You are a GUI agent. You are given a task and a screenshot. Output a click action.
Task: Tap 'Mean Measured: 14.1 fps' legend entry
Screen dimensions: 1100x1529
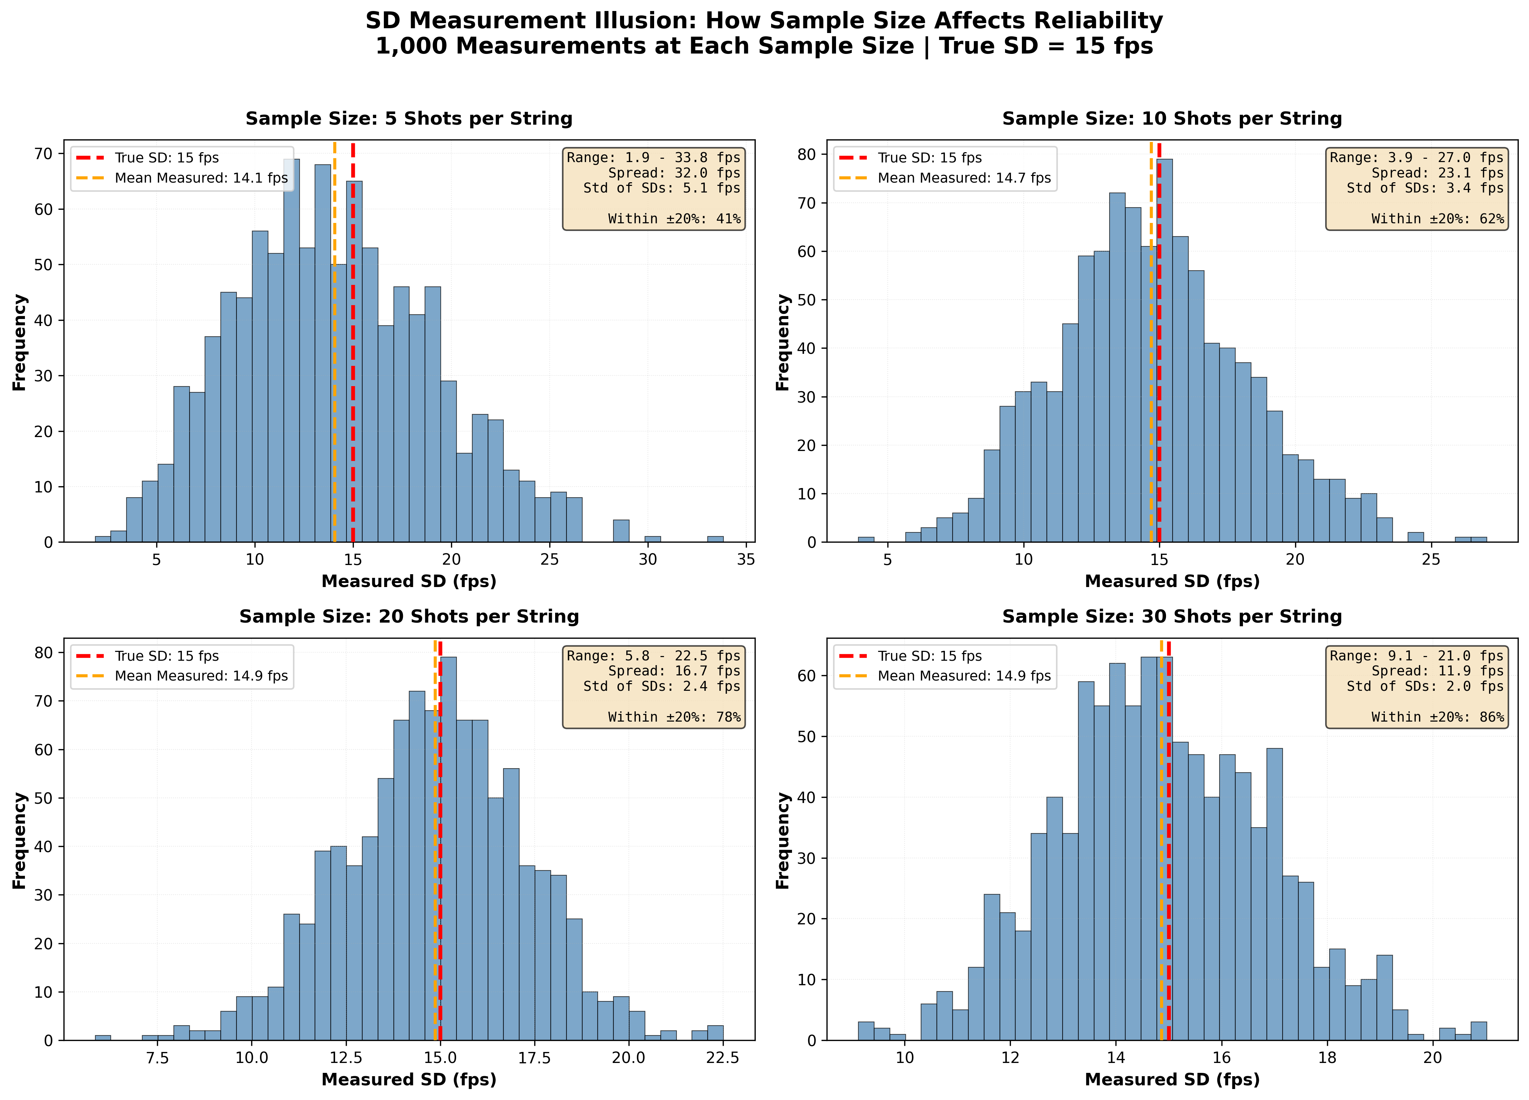[x=201, y=178]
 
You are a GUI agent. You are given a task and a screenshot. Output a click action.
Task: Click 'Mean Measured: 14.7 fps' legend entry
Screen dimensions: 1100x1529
[x=964, y=178]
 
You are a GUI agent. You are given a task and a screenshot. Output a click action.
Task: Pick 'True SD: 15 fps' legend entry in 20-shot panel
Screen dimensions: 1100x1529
[x=166, y=656]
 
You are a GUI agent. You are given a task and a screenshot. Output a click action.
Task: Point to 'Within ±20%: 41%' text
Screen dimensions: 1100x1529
[x=674, y=219]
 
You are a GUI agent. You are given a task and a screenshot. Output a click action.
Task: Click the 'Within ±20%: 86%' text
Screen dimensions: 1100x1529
[x=1437, y=717]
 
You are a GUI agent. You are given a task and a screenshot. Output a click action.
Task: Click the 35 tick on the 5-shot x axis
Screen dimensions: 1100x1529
[x=746, y=560]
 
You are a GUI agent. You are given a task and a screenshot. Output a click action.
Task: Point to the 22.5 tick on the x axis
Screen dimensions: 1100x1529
[x=723, y=1057]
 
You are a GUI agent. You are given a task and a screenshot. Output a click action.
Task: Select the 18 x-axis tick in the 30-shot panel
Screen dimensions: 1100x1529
[x=1327, y=1057]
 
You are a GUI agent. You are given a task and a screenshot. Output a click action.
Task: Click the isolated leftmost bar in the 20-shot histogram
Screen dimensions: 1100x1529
[x=102, y=1037]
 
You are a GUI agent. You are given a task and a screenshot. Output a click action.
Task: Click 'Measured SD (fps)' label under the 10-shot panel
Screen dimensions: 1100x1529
[x=1172, y=582]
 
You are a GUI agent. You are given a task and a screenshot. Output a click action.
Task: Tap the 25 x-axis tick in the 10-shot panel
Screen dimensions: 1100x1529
[x=1431, y=560]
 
